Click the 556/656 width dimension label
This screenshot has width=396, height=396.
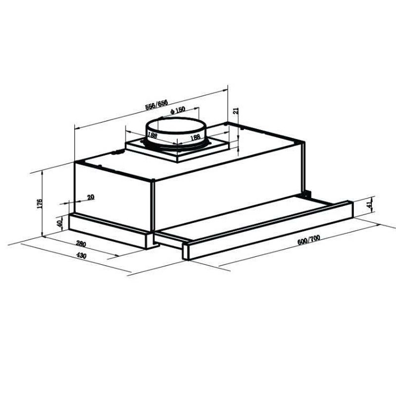pyautogui.click(x=156, y=105)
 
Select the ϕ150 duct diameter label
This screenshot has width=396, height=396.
pyautogui.click(x=177, y=110)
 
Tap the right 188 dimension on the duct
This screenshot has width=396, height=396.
pyautogui.click(x=195, y=137)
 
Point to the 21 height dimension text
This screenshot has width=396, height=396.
pyautogui.click(x=236, y=111)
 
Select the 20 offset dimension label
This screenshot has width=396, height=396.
pyautogui.click(x=90, y=197)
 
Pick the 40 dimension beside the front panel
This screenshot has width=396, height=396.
pyautogui.click(x=60, y=223)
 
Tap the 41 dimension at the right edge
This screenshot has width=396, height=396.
pyautogui.click(x=368, y=205)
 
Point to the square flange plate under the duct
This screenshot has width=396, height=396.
pyautogui.click(x=177, y=151)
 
